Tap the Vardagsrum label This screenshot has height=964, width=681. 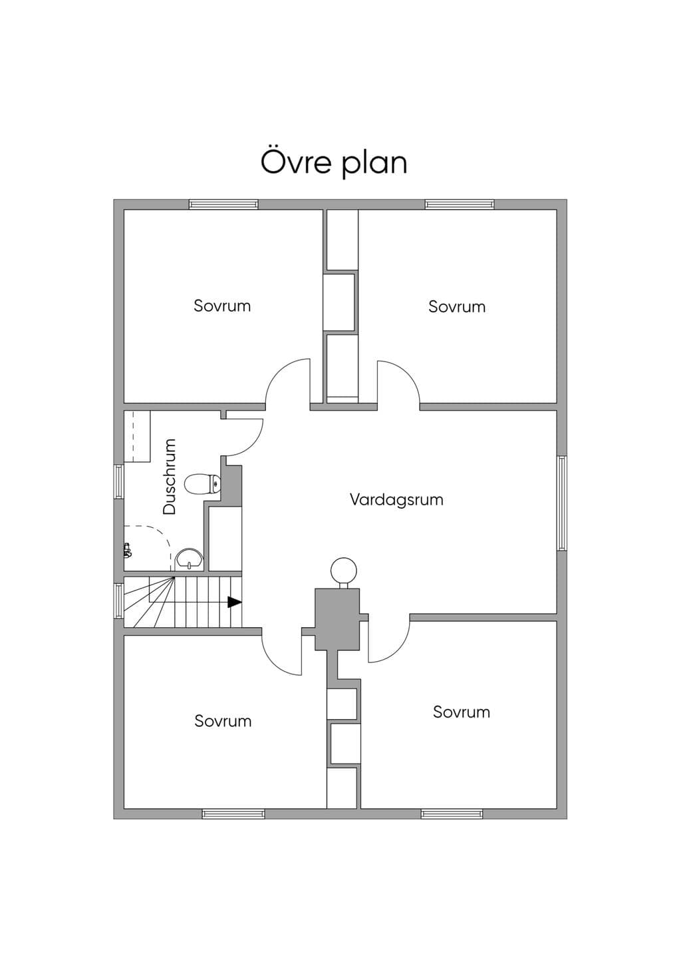(396, 500)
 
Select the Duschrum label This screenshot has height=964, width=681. (170, 477)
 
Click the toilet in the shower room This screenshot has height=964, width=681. (202, 485)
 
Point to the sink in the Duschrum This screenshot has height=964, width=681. (189, 559)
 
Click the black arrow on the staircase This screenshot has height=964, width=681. (234, 602)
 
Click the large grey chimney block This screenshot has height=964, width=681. (337, 619)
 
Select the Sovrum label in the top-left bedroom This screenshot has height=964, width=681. (222, 306)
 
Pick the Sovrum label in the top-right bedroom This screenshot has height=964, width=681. (457, 306)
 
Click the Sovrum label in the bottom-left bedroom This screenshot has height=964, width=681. (223, 721)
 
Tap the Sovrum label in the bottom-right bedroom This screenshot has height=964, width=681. (462, 712)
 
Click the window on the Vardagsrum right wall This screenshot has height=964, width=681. (562, 503)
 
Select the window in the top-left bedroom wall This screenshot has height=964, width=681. (223, 204)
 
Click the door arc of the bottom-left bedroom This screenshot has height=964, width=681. (272, 663)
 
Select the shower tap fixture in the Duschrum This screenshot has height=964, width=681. (126, 551)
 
